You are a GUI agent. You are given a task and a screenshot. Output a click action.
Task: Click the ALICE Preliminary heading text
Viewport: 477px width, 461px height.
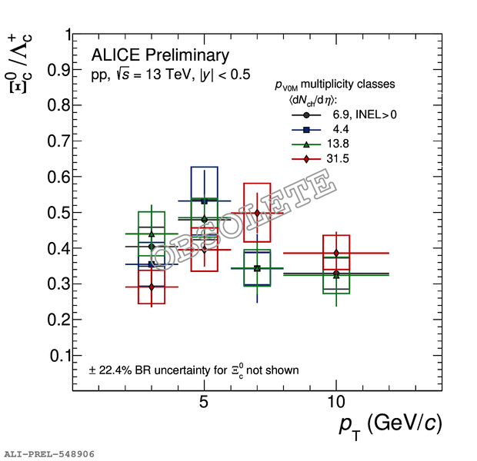click(x=160, y=55)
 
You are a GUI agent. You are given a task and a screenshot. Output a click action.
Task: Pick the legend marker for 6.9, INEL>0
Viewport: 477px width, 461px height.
click(x=306, y=114)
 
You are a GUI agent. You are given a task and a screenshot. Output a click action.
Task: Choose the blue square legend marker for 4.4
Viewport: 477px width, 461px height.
click(x=306, y=129)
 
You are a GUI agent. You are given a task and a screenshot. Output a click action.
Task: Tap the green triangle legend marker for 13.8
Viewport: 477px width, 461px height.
click(x=306, y=144)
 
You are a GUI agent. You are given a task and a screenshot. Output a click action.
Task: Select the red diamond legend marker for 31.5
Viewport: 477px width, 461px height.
click(x=306, y=158)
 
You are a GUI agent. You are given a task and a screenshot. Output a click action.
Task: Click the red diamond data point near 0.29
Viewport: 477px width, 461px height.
click(x=152, y=287)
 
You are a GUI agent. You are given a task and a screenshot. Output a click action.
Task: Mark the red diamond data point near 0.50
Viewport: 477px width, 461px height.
click(x=257, y=213)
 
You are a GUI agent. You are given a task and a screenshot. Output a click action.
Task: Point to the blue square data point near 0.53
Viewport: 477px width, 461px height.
click(x=204, y=201)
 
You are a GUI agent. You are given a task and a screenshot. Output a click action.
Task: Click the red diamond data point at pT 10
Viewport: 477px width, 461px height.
click(x=336, y=253)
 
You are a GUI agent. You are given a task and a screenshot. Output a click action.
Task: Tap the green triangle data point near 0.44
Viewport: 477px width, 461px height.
click(x=152, y=234)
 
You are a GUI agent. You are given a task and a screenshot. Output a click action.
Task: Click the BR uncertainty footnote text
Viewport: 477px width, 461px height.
click(x=194, y=370)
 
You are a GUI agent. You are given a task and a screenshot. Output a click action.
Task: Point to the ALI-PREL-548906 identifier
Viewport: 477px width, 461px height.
click(x=49, y=454)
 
